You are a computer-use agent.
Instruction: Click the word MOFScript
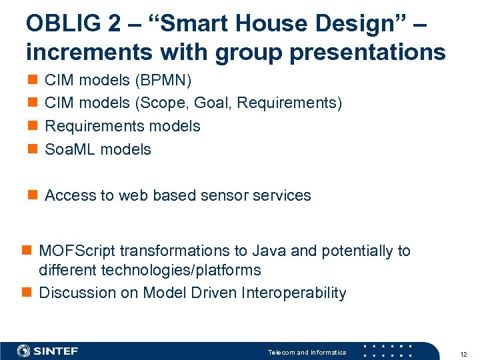(77, 251)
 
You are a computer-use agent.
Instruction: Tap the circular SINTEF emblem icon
(23, 351)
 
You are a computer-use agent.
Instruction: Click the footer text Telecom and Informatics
(307, 352)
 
